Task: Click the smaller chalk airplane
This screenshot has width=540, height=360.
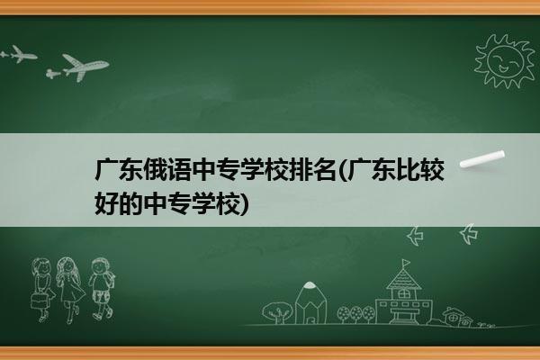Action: click(x=19, y=55)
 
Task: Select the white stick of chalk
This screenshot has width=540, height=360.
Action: click(x=482, y=159)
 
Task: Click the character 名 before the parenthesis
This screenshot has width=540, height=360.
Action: click(x=324, y=169)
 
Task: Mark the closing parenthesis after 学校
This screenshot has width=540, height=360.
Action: click(x=244, y=204)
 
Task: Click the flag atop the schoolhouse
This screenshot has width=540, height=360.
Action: click(x=407, y=263)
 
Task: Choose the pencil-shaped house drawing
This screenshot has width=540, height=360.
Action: click(x=310, y=302)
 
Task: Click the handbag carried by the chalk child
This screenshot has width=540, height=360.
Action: click(x=39, y=301)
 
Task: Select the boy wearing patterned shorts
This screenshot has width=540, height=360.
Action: click(x=102, y=289)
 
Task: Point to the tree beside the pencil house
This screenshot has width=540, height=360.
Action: click(x=277, y=312)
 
